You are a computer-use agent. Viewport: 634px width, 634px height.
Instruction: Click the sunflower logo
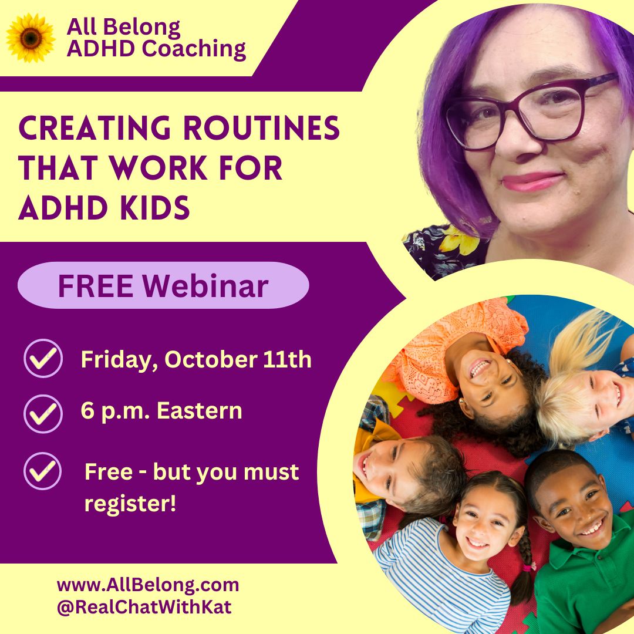pyautogui.click(x=31, y=38)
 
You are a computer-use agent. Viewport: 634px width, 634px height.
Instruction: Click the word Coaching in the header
pyautogui.click(x=194, y=49)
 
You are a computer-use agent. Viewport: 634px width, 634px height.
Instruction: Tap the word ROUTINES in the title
pyautogui.click(x=261, y=128)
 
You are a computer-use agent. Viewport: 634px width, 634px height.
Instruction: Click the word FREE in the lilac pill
pyautogui.click(x=96, y=286)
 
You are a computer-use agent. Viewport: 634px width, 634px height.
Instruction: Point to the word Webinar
pyautogui.click(x=205, y=286)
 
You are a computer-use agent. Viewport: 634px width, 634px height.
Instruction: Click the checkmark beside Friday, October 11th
pyautogui.click(x=43, y=358)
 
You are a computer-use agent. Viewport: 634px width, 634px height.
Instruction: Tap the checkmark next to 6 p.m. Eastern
pyautogui.click(x=43, y=414)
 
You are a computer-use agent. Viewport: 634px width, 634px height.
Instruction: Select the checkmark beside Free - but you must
pyautogui.click(x=42, y=471)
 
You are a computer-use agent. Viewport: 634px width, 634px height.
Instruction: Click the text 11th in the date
pyautogui.click(x=287, y=359)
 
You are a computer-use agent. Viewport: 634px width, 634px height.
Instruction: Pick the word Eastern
pyautogui.click(x=200, y=411)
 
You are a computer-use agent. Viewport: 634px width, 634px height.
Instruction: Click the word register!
pyautogui.click(x=130, y=504)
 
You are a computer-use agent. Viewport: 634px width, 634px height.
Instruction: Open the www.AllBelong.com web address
pyautogui.click(x=148, y=585)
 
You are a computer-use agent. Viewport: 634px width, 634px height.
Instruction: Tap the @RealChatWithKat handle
pyautogui.click(x=144, y=607)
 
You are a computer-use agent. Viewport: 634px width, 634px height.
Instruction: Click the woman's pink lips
pyautogui.click(x=532, y=181)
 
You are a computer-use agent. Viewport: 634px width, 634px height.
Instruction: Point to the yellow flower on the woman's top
pyautogui.click(x=459, y=241)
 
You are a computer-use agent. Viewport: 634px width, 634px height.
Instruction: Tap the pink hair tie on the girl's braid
pyautogui.click(x=527, y=567)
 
